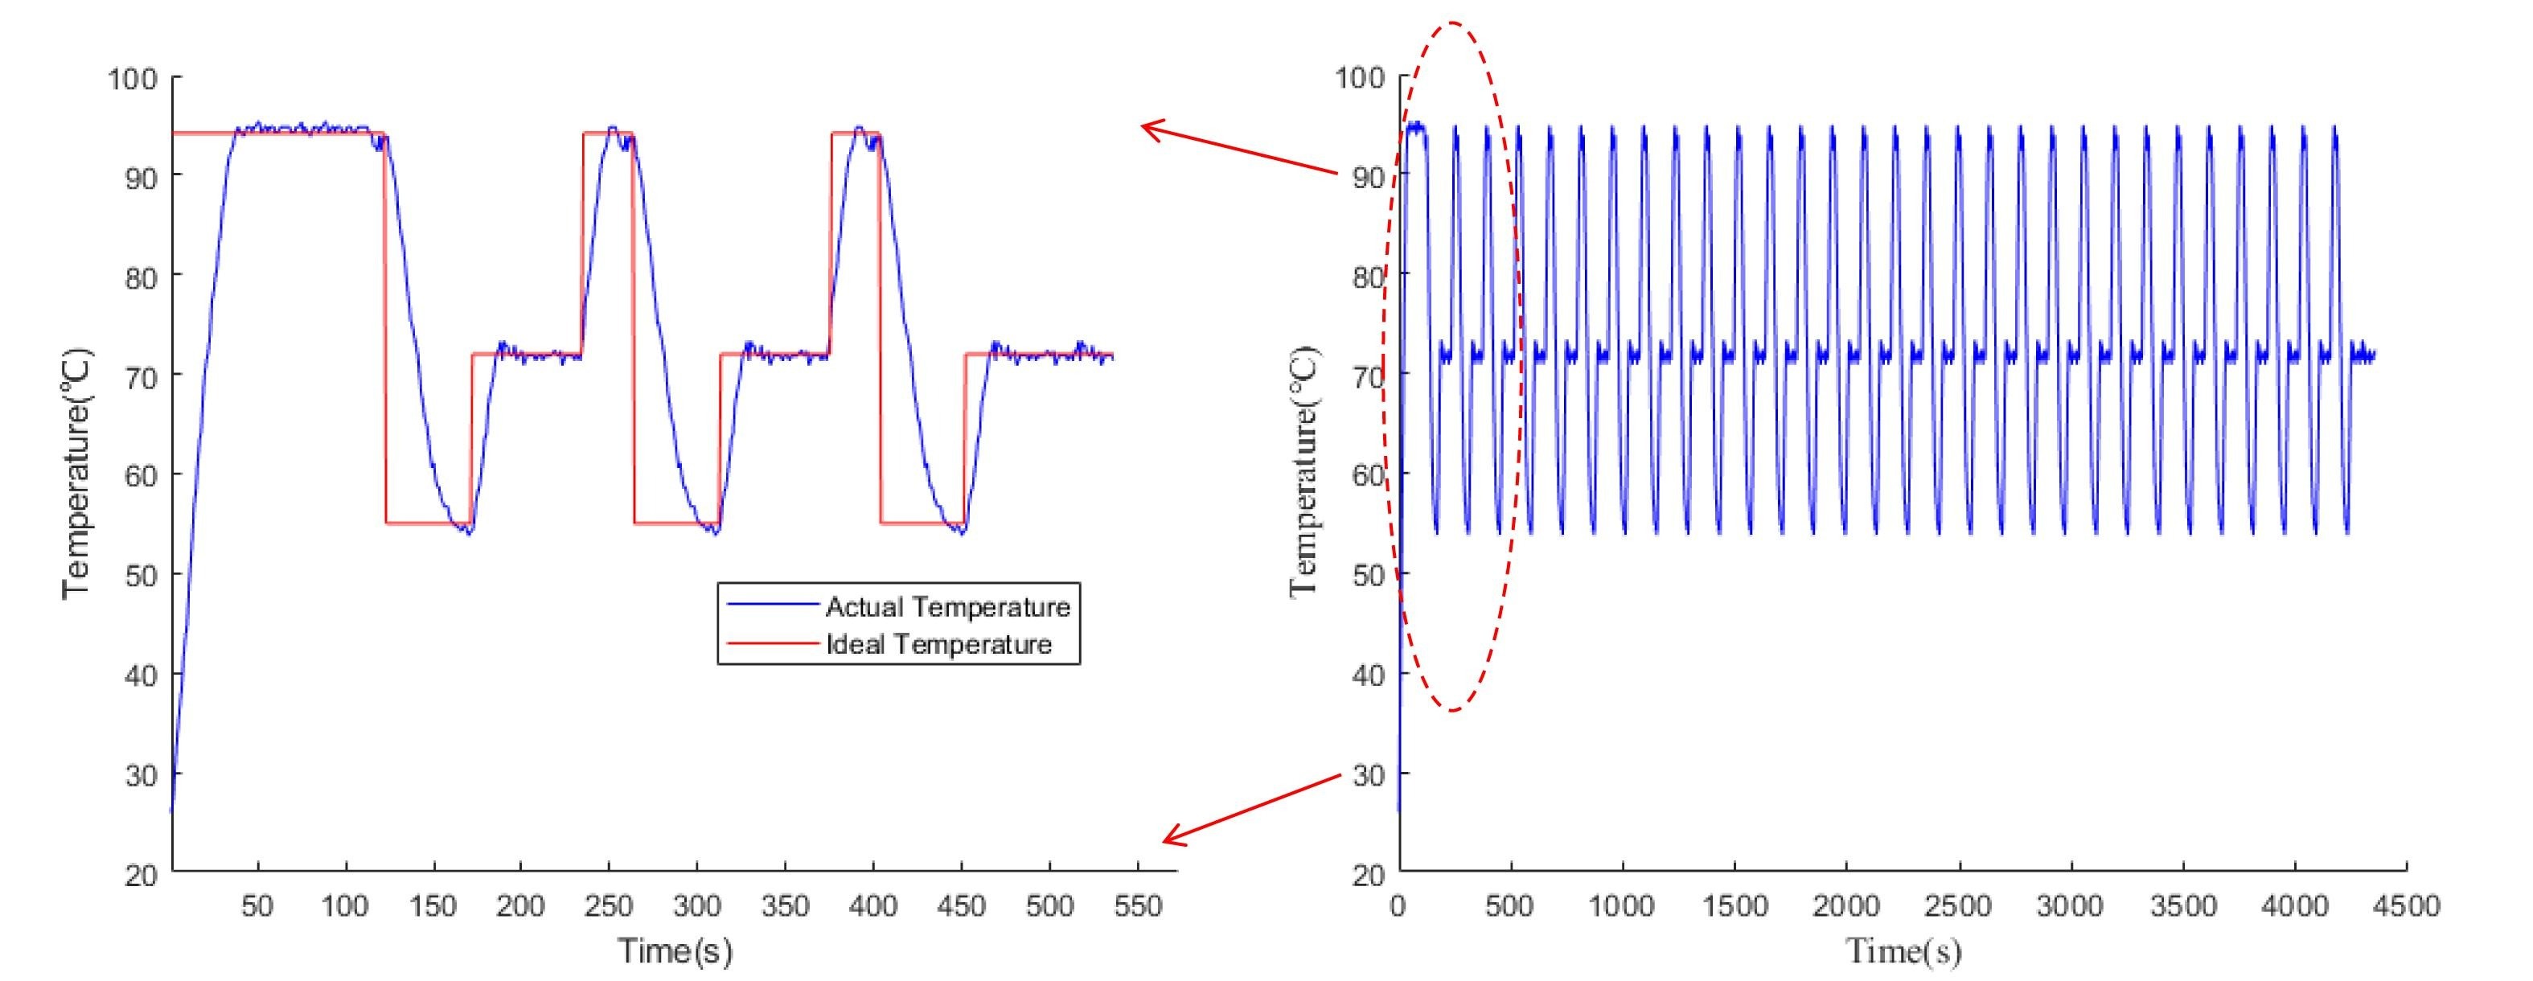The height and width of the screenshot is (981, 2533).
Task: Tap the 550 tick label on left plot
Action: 1138,905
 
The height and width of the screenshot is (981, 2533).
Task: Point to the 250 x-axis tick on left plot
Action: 609,905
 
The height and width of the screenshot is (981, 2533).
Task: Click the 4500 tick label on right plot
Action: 2405,905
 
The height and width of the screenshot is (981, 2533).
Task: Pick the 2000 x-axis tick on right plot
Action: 1845,905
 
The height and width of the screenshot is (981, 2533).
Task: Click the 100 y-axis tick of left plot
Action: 132,78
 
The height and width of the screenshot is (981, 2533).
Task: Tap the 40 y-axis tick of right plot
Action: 1368,675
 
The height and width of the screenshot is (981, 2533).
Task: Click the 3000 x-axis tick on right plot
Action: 2071,905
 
